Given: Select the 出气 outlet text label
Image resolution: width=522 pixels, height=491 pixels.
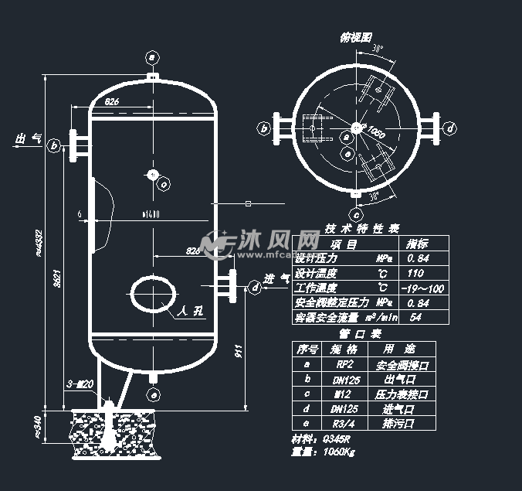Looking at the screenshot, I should (29, 138).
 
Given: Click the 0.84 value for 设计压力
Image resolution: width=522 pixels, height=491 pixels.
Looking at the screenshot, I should (419, 258).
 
